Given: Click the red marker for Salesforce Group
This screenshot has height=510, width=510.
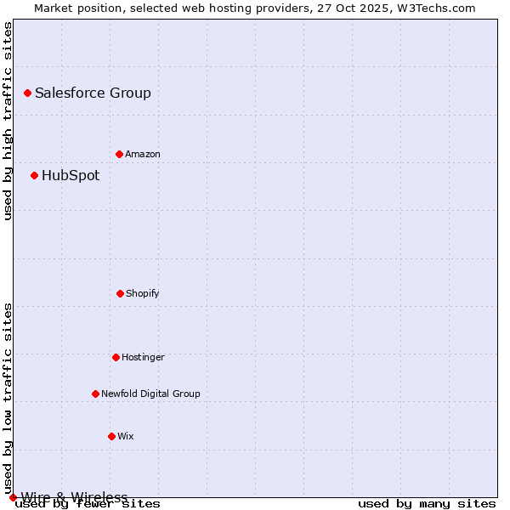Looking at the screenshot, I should [x=27, y=93].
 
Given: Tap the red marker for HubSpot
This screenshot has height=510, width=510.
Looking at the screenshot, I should [x=34, y=176].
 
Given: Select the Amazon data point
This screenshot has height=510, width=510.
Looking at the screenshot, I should [x=119, y=154].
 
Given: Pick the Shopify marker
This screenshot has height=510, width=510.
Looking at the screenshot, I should [x=120, y=293].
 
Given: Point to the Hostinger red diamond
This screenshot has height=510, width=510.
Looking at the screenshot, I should [x=116, y=357].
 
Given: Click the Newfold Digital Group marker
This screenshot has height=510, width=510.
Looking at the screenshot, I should [x=95, y=394].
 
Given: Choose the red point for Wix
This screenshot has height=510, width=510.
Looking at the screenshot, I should [x=111, y=436].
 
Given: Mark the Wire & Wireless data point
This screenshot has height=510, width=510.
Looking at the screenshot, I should [x=13, y=497].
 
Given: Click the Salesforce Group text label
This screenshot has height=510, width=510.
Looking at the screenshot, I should [x=93, y=93].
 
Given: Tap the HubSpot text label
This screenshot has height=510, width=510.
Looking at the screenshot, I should [x=71, y=176].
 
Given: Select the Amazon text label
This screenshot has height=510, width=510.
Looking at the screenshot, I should [x=143, y=155].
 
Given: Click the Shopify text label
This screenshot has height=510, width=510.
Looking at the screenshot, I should [x=143, y=294].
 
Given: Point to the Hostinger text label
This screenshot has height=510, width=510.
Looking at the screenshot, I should [x=143, y=358].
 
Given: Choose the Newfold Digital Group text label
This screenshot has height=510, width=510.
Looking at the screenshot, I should [x=150, y=394].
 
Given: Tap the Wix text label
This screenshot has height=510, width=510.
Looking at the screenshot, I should [x=126, y=437].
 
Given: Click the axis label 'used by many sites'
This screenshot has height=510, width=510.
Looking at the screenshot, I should [x=427, y=504].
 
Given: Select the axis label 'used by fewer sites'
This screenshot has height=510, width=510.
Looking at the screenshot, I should [x=88, y=504].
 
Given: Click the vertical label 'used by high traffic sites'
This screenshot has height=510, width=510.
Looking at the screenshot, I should [x=8, y=121].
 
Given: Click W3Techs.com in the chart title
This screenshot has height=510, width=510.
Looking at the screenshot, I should [x=438, y=8].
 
